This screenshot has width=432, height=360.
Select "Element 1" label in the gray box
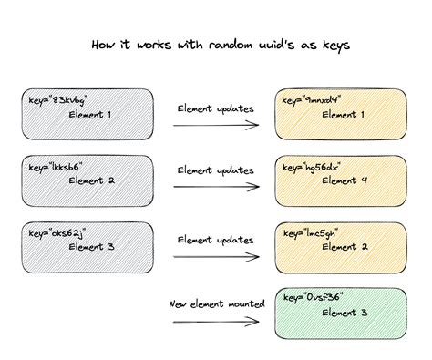[94, 116]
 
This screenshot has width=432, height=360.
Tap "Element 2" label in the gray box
[94, 180]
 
